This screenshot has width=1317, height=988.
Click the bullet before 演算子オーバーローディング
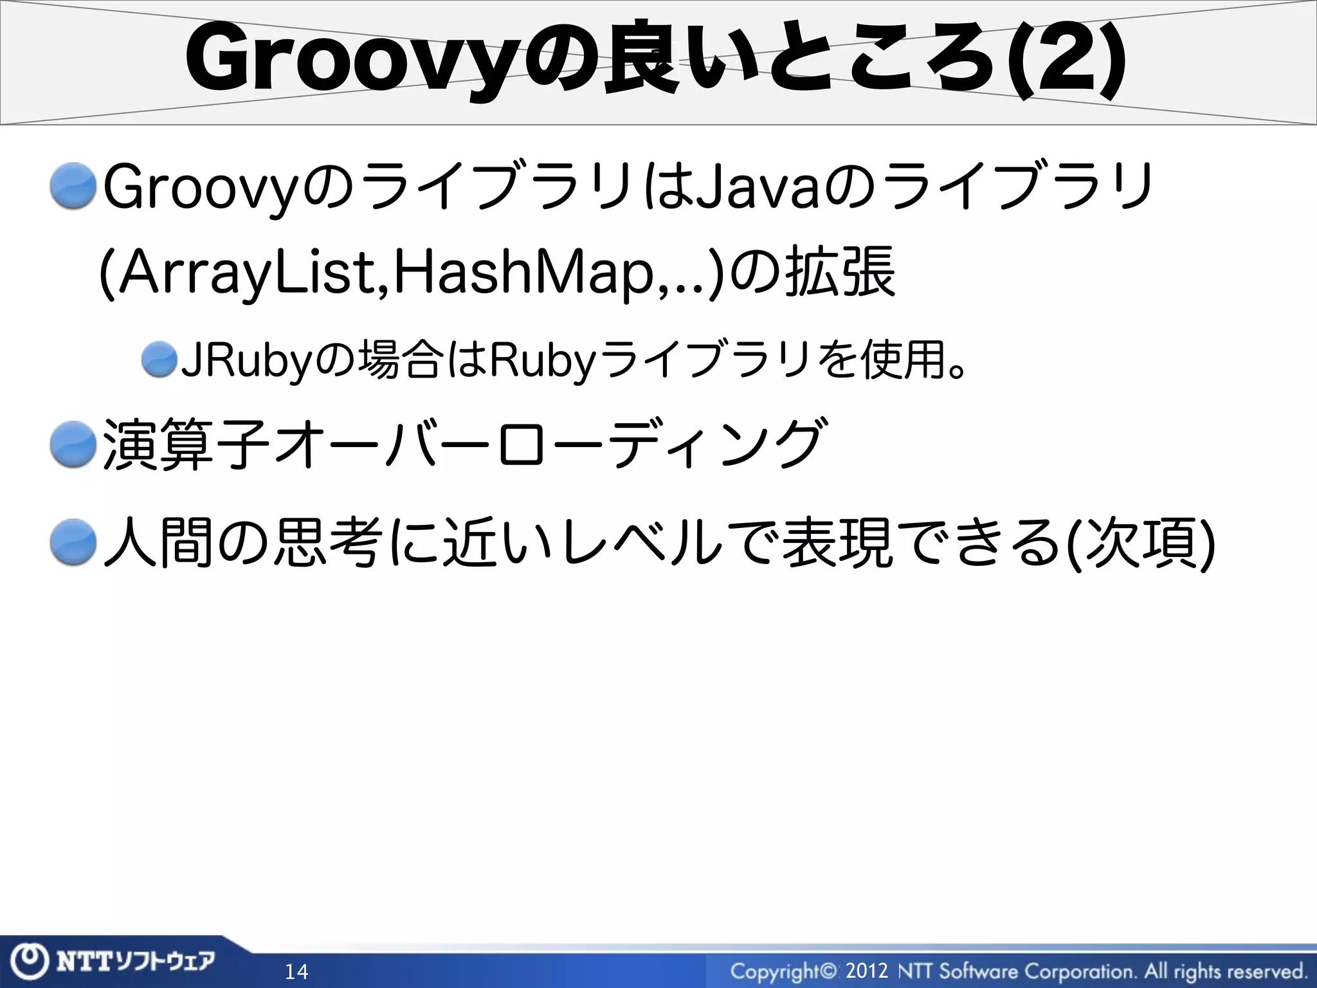click(73, 444)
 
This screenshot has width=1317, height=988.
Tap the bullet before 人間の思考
click(73, 542)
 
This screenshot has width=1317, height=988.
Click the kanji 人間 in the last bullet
click(158, 542)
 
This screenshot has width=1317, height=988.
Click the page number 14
click(296, 971)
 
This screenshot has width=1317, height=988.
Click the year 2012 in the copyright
click(867, 970)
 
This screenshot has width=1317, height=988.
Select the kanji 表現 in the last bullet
click(840, 542)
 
